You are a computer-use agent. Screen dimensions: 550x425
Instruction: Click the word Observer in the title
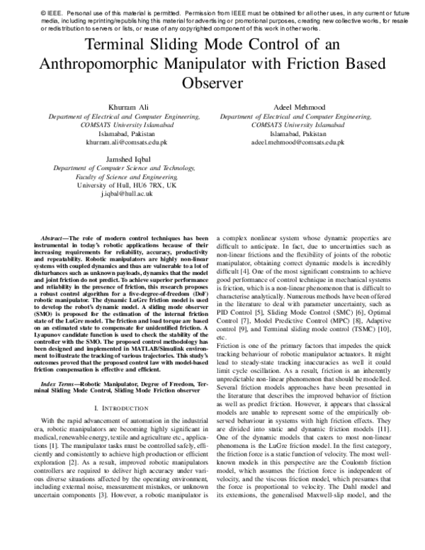point(212,82)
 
